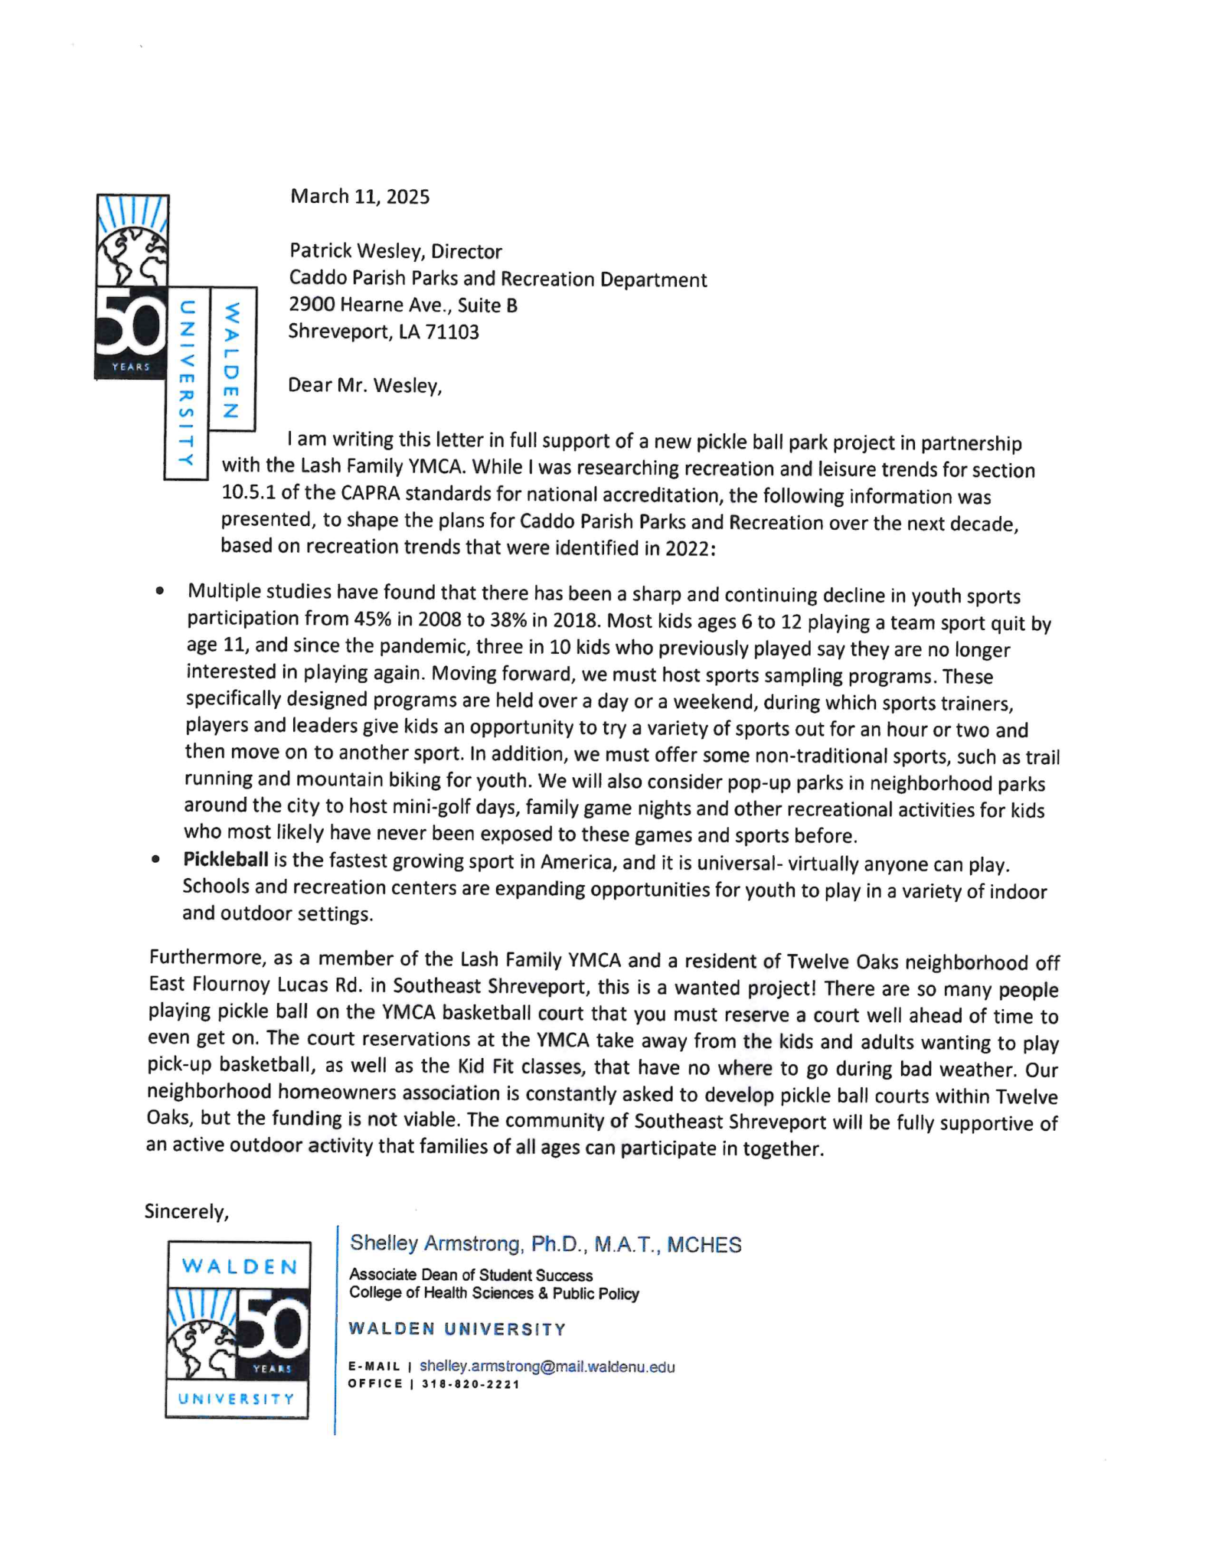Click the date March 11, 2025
[359, 197]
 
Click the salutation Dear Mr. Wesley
[364, 385]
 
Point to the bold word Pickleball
[225, 860]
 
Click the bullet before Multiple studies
[159, 591]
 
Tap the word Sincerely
[186, 1212]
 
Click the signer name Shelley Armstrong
[434, 1244]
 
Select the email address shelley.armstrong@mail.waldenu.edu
[547, 1367]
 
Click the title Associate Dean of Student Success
[470, 1275]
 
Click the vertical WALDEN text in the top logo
[231, 360]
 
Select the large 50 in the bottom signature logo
[274, 1318]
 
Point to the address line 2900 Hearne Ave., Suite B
[403, 305]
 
